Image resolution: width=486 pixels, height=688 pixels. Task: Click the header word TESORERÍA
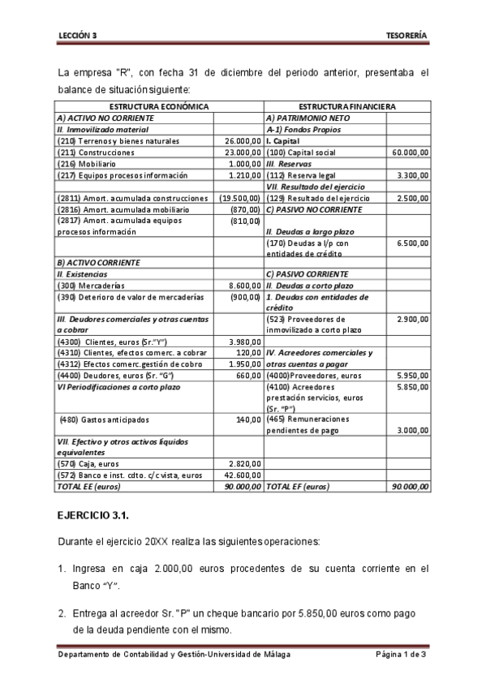tap(408, 36)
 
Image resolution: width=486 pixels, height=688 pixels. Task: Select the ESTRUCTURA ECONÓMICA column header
tap(159, 106)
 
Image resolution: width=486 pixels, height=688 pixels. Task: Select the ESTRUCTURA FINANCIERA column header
tap(347, 106)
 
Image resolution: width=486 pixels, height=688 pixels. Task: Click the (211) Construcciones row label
tap(96, 152)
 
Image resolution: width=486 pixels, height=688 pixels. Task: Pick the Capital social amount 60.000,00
tap(410, 152)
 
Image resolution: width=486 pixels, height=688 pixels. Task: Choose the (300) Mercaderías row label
tap(93, 286)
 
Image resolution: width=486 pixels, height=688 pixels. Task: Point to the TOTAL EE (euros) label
tap(88, 486)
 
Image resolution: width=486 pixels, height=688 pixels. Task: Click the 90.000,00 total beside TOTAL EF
tap(410, 486)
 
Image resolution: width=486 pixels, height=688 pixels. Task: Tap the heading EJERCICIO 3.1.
tap(92, 515)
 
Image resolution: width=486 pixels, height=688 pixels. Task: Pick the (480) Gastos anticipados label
tap(104, 419)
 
